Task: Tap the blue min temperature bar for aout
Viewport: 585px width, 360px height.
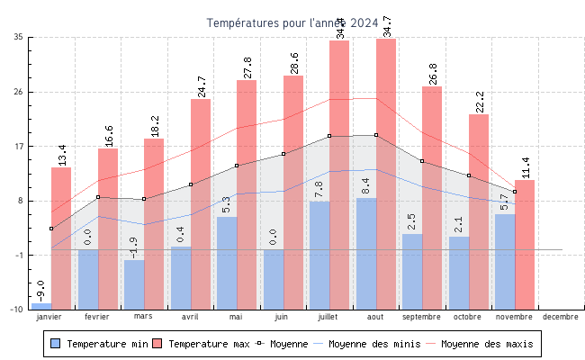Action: pyautogui.click(x=366, y=253)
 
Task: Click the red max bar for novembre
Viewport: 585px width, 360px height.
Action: pyautogui.click(x=525, y=244)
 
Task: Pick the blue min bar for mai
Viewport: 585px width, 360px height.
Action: pyautogui.click(x=227, y=262)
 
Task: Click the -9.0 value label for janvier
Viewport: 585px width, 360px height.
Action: pyautogui.click(x=40, y=290)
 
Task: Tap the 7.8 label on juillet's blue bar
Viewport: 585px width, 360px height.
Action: pyautogui.click(x=319, y=189)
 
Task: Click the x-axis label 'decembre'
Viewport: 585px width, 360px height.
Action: pyautogui.click(x=561, y=317)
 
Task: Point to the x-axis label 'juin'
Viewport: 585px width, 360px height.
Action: pyautogui.click(x=282, y=317)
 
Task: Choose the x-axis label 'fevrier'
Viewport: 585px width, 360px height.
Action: pyautogui.click(x=96, y=317)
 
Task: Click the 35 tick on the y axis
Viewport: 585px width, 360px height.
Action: pyautogui.click(x=18, y=37)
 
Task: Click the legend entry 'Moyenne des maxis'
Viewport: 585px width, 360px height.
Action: pyautogui.click(x=487, y=344)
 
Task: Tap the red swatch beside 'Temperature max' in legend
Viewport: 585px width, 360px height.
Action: pyautogui.click(x=157, y=344)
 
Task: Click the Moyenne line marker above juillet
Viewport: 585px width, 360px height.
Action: pyautogui.click(x=329, y=136)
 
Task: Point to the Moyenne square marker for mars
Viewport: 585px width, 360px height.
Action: pyautogui.click(x=144, y=199)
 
